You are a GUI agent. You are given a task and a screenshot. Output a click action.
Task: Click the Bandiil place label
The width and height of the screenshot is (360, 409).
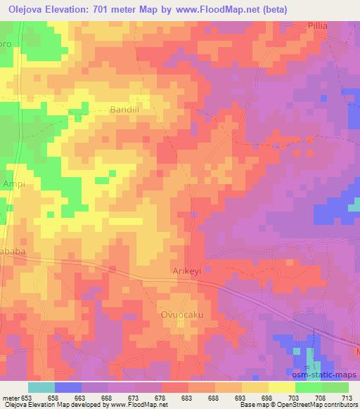pos(127,110)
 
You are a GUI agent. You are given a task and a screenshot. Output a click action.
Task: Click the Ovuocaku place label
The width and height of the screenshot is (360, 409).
pos(181,315)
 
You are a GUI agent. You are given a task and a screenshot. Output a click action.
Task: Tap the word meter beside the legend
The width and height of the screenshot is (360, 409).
pos(11,398)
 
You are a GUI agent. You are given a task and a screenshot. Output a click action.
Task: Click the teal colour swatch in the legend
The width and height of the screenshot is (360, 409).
pos(41,387)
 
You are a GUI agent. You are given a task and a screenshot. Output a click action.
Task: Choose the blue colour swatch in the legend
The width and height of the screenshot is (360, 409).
pos(68,387)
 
